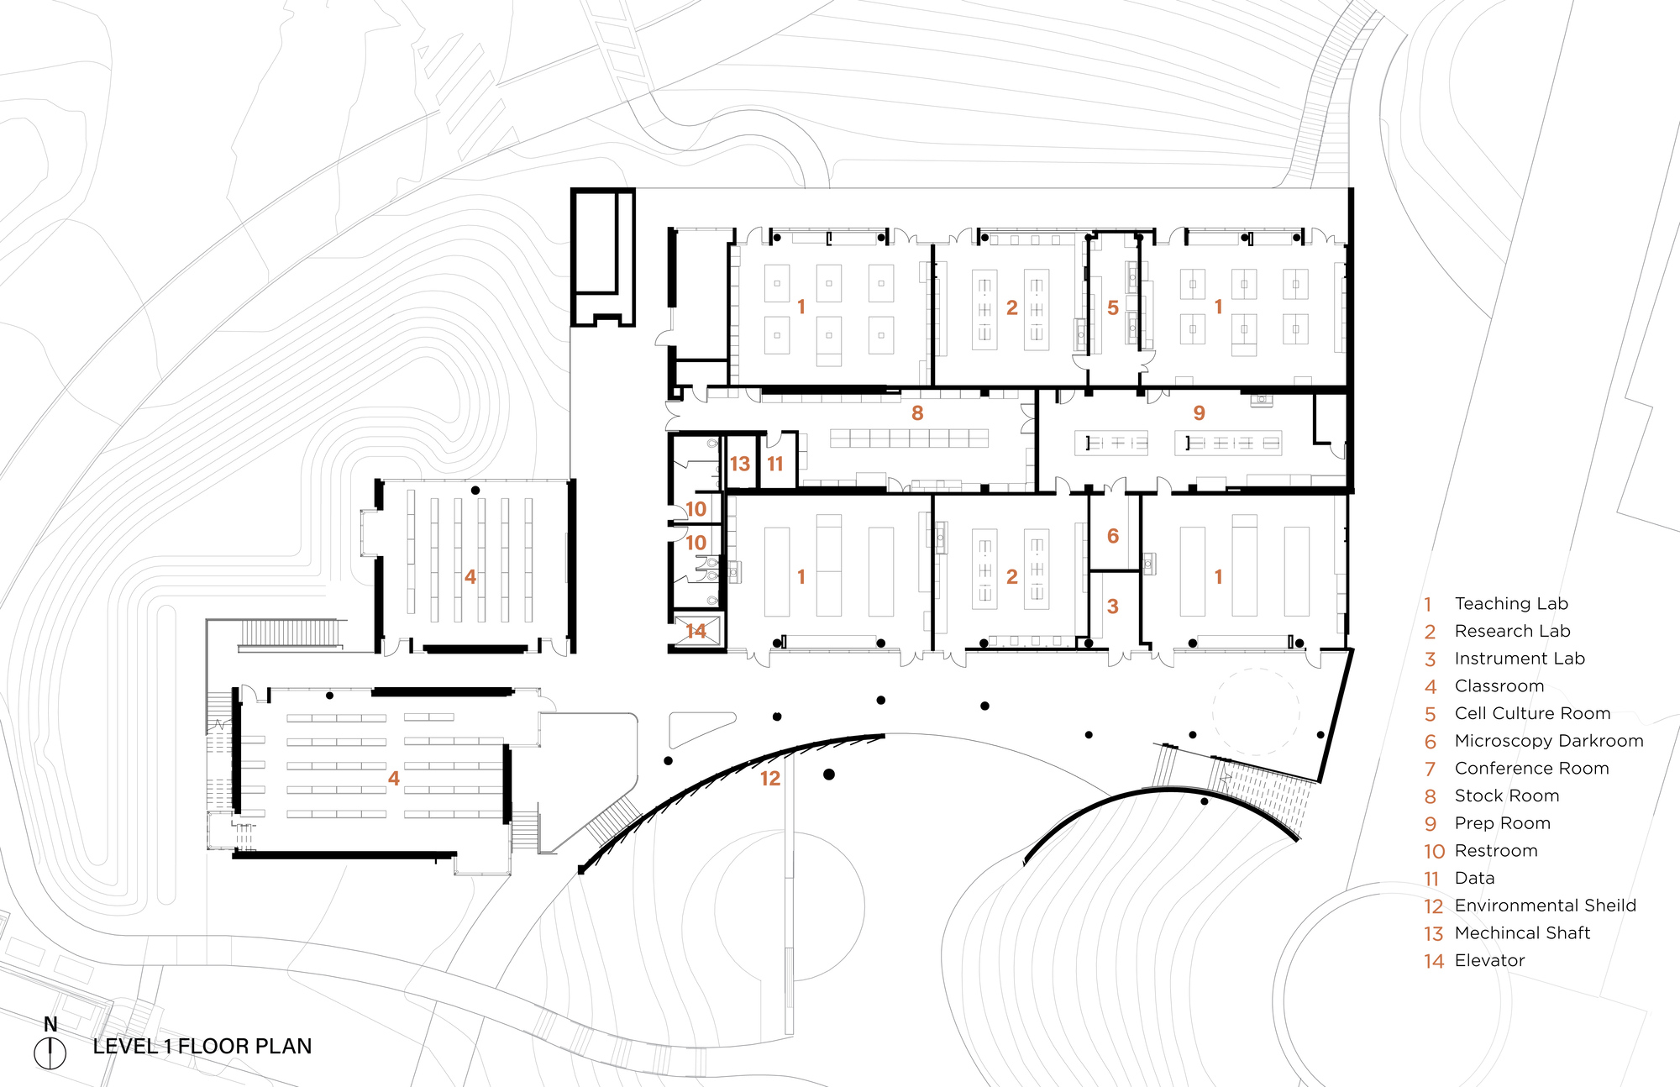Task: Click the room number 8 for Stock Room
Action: pyautogui.click(x=917, y=413)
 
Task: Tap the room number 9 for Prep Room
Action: pyautogui.click(x=1199, y=413)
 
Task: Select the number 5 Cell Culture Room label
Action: pyautogui.click(x=1112, y=308)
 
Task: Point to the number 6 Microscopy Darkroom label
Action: pyautogui.click(x=1112, y=536)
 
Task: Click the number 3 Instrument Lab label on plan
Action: pyautogui.click(x=1112, y=607)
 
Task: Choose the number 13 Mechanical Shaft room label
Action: pyautogui.click(x=739, y=465)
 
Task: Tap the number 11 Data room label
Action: pyautogui.click(x=774, y=465)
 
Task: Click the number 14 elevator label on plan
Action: pyautogui.click(x=696, y=631)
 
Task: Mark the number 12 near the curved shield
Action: pyautogui.click(x=770, y=779)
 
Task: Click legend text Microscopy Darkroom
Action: pyautogui.click(x=1548, y=741)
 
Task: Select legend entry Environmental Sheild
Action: pyautogui.click(x=1545, y=906)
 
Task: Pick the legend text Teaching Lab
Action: pyautogui.click(x=1510, y=604)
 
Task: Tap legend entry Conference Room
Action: pyautogui.click(x=1531, y=769)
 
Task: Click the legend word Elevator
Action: pyautogui.click(x=1489, y=960)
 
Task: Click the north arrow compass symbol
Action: pyautogui.click(x=50, y=1053)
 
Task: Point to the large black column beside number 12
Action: pyautogui.click(x=829, y=775)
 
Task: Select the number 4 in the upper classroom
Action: pyautogui.click(x=470, y=577)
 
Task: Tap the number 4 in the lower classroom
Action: pyautogui.click(x=393, y=779)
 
